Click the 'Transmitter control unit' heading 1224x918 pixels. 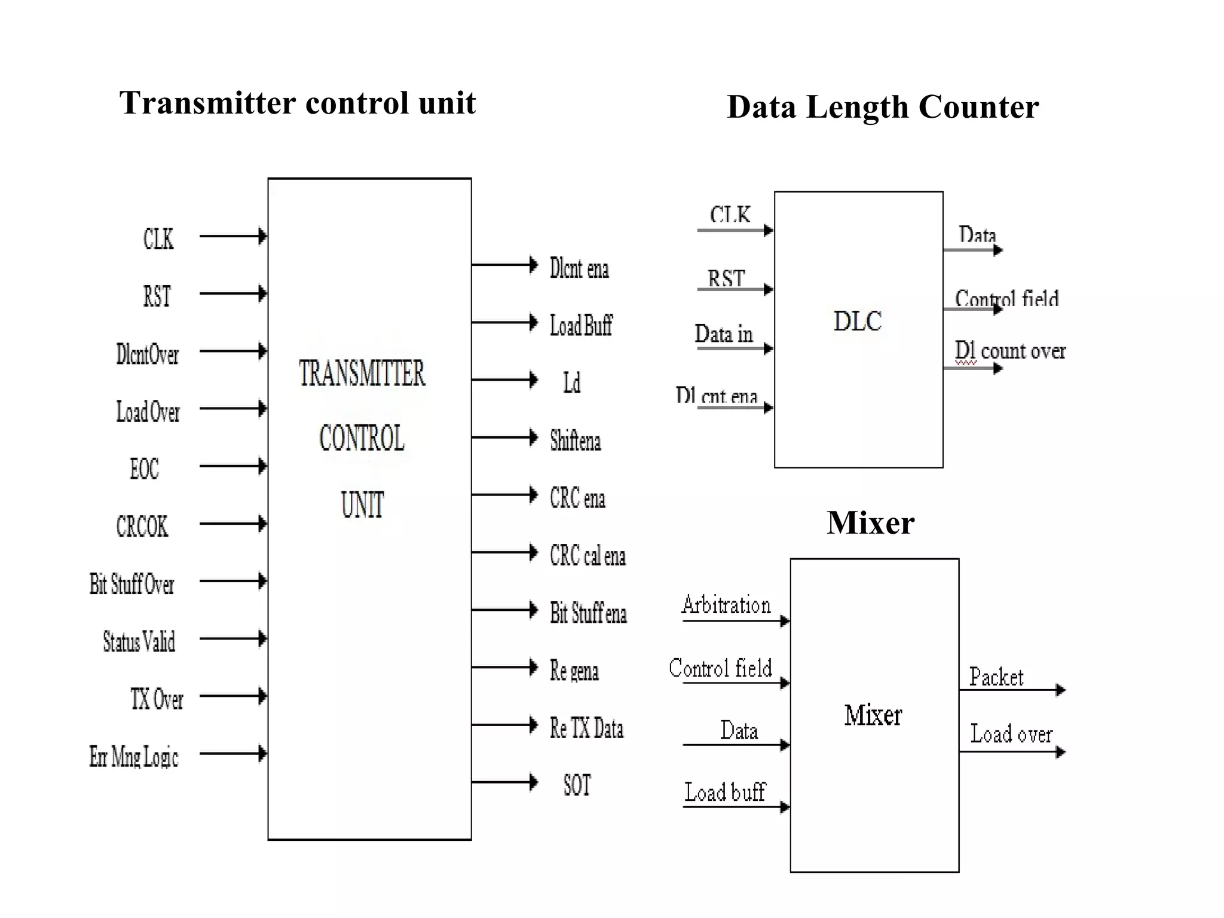[x=298, y=103]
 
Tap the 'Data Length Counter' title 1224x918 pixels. [x=883, y=107]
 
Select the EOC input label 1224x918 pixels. [x=145, y=469]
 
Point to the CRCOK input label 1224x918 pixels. [x=142, y=527]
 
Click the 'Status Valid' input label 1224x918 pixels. [x=139, y=642]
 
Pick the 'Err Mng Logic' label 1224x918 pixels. [x=134, y=757]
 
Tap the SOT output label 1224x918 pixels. [x=577, y=785]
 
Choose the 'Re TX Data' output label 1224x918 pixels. [x=586, y=729]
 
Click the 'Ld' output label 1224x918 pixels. [x=572, y=382]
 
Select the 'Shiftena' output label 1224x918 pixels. [x=575, y=440]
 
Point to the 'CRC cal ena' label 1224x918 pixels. [x=587, y=556]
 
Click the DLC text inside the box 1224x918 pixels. [x=858, y=322]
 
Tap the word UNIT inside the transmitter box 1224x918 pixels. [x=362, y=504]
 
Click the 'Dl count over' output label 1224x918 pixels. [x=1010, y=351]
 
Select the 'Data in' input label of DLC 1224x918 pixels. [x=724, y=334]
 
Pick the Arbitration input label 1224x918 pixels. [x=726, y=605]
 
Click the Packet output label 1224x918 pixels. [x=996, y=677]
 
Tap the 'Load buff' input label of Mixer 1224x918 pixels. [x=725, y=792]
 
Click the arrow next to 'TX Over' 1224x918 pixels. [x=233, y=696]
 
